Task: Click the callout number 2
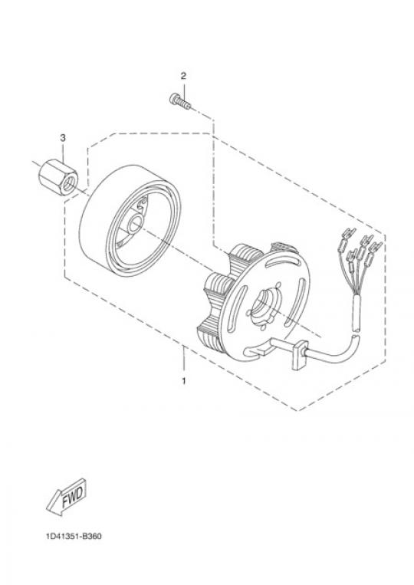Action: tap(183, 76)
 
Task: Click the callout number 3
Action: tap(63, 138)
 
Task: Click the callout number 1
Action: tap(183, 381)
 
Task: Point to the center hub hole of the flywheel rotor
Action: tap(133, 225)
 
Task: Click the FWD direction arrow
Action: tap(67, 496)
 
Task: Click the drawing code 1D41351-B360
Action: tap(74, 537)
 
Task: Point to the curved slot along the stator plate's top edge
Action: tap(284, 263)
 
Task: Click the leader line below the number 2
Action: tap(183, 89)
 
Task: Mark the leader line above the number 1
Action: tap(183, 361)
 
